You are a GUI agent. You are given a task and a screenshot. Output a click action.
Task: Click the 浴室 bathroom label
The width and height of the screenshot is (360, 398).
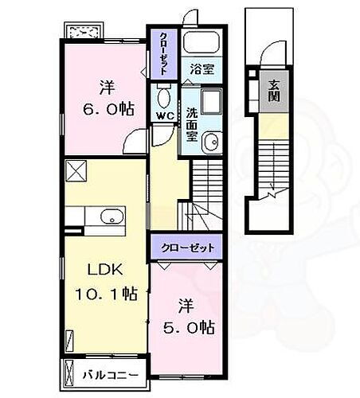click(200, 70)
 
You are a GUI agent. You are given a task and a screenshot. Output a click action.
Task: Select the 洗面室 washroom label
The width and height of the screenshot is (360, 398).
click(194, 123)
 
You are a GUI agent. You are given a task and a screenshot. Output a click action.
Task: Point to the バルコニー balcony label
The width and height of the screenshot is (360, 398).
click(111, 373)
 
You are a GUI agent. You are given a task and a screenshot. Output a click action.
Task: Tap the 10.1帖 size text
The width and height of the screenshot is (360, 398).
click(104, 295)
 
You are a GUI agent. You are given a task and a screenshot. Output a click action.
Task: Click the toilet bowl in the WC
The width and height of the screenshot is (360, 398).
click(165, 98)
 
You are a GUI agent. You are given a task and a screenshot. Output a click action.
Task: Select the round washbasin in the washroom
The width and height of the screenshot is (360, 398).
click(211, 143)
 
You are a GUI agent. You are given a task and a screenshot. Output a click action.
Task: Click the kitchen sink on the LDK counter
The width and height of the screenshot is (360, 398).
click(110, 216)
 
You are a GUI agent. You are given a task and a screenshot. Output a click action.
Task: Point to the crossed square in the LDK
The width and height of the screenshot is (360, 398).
click(76, 170)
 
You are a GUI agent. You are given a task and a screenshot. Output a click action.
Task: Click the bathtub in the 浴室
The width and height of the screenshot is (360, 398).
click(200, 44)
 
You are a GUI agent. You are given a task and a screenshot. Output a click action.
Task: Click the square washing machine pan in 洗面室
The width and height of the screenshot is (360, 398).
click(213, 104)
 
